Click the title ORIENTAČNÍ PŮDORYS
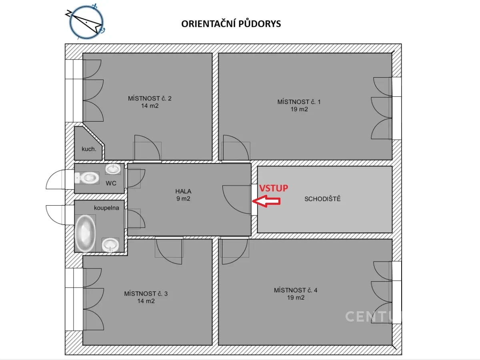click(231, 24)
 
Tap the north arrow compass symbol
click(86, 22)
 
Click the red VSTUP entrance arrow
click(266, 201)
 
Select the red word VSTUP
click(274, 188)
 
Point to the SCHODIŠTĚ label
click(322, 199)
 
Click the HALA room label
click(183, 192)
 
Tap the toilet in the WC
click(86, 178)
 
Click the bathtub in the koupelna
click(85, 233)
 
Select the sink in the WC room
click(113, 169)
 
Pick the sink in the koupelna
click(110, 245)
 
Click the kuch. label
click(89, 149)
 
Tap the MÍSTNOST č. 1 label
click(299, 102)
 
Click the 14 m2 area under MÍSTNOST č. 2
click(150, 106)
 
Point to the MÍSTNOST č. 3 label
click(146, 294)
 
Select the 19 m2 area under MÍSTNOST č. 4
click(296, 298)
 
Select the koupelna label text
click(106, 208)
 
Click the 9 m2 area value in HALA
click(183, 199)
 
